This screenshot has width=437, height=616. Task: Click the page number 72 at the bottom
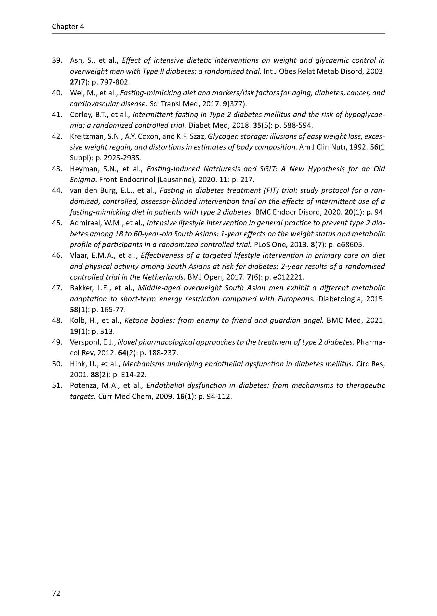coord(56,593)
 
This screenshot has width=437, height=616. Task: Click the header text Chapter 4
coord(68,27)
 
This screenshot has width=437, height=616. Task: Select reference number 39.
coord(57,60)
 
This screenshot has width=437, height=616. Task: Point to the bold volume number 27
coord(74,82)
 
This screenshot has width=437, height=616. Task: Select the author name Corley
coord(79,115)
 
